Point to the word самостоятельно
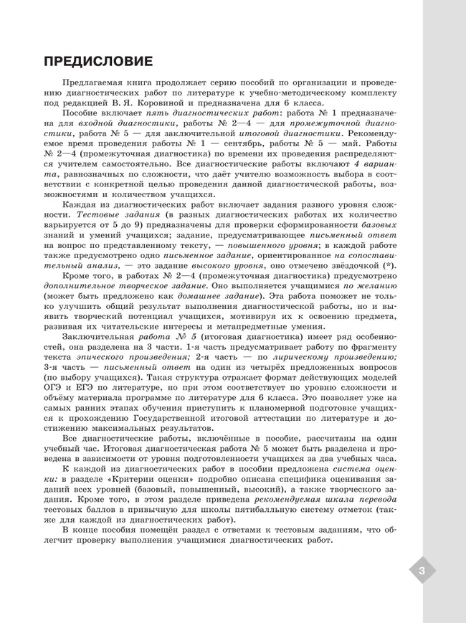click(x=121, y=163)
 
